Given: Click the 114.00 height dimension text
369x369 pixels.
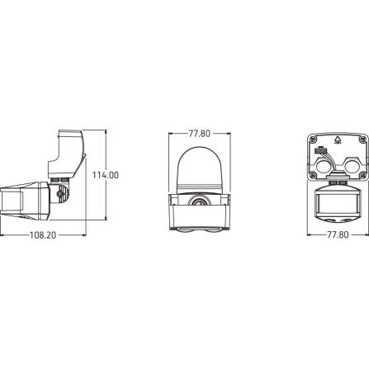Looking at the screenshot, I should pos(106,175).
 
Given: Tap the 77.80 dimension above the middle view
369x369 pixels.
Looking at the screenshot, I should pos(198,133).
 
